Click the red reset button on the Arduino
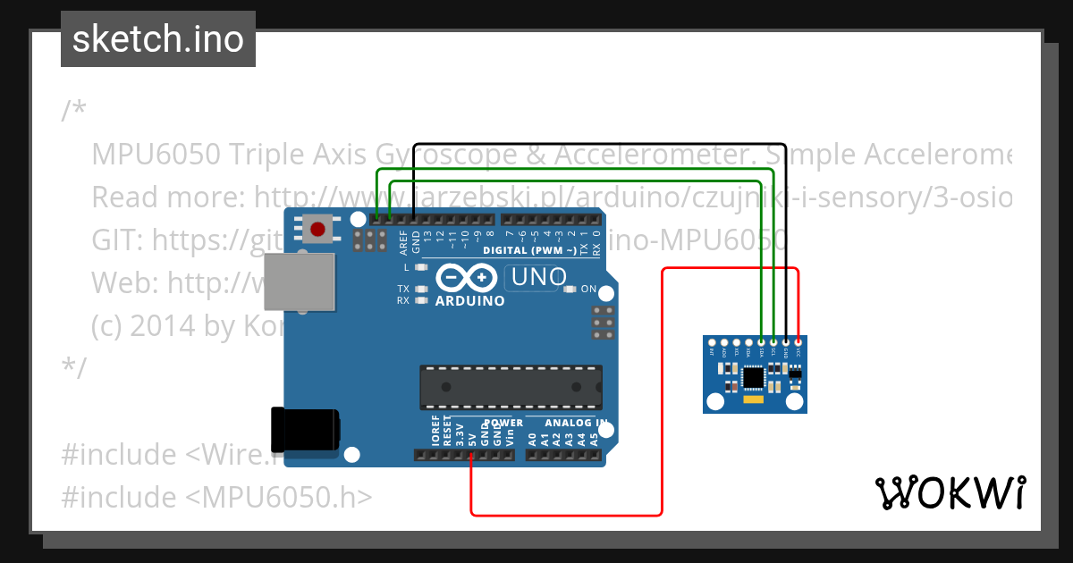[x=317, y=229]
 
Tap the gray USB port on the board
[x=300, y=281]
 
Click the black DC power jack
[x=306, y=429]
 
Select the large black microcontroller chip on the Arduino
[x=511, y=383]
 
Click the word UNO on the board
[x=536, y=278]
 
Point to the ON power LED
[x=570, y=289]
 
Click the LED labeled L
[x=421, y=267]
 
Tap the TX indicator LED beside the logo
[x=421, y=289]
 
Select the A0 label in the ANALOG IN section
[x=532, y=439]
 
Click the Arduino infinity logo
[x=468, y=279]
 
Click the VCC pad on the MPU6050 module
[x=798, y=342]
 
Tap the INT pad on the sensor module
[x=712, y=342]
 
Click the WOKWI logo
[x=950, y=492]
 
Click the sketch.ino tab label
[x=158, y=39]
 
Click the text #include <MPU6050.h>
[x=216, y=497]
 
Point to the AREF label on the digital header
[x=403, y=242]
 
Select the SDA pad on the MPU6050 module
[x=761, y=342]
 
